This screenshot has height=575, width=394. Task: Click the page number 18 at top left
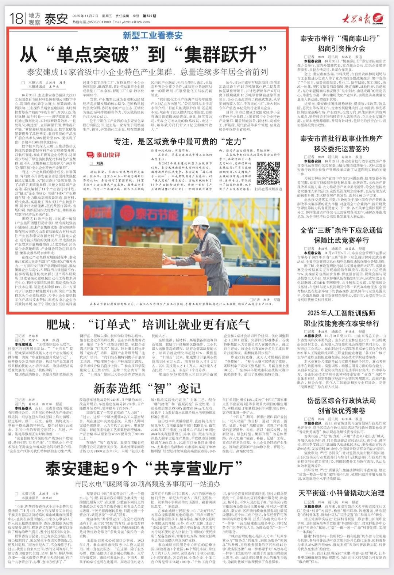[16, 18]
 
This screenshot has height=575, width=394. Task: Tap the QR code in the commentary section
[268, 173]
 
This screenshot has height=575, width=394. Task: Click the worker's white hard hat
[200, 222]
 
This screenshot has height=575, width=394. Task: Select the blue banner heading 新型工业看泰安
[152, 35]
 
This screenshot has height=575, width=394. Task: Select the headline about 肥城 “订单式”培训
[148, 324]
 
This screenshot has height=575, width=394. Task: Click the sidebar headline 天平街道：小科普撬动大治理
[341, 493]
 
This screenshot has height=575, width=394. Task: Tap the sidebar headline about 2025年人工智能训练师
[341, 318]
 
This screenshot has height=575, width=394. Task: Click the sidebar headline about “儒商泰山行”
[341, 43]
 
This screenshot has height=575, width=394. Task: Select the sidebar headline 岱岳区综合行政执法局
[341, 405]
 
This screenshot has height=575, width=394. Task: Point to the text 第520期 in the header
[149, 16]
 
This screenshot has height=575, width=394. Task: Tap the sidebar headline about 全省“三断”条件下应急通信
[341, 235]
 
